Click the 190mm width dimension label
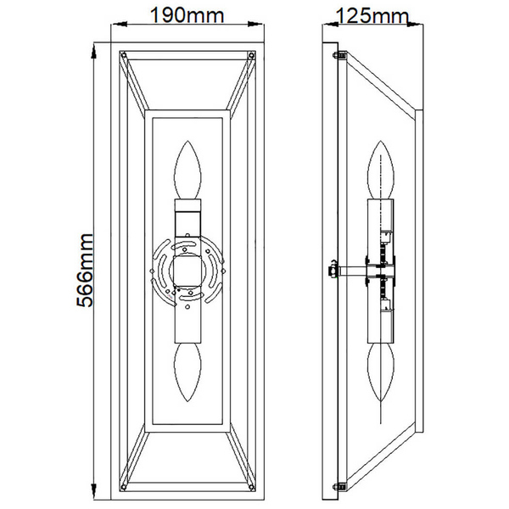click(x=187, y=15)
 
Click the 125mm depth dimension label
click(x=372, y=15)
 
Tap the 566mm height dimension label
click(x=85, y=270)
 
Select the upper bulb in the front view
click(x=187, y=170)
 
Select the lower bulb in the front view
click(x=187, y=372)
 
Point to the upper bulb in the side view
click(x=380, y=170)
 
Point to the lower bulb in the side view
click(x=380, y=372)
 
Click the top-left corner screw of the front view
click(x=123, y=55)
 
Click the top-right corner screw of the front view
click(x=251, y=55)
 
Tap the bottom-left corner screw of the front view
click(x=123, y=487)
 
